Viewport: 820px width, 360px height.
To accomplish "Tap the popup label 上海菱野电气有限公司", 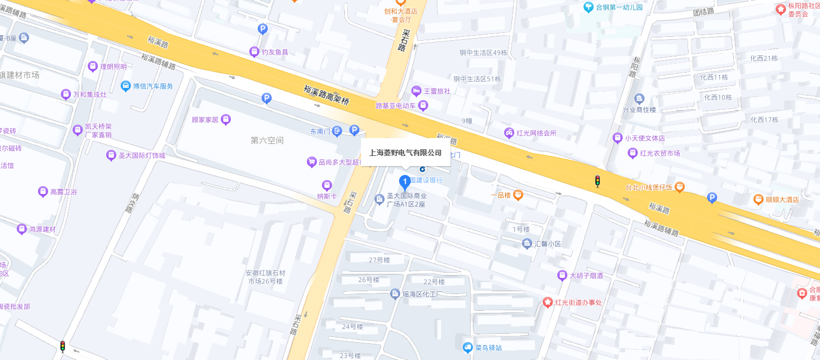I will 405,153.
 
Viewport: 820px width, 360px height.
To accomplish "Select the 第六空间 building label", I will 267,140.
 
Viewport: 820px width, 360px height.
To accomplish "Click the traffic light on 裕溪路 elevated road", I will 597,181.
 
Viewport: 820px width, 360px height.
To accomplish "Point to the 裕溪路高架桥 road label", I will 326,96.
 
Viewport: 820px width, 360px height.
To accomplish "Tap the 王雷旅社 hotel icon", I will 416,91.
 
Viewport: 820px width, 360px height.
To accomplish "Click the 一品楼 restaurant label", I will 501,195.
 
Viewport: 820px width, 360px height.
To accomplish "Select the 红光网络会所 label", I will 536,133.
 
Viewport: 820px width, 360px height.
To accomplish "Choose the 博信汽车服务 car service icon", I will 126,86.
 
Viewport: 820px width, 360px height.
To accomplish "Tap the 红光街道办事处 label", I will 578,302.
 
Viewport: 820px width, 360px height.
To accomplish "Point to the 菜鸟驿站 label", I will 489,348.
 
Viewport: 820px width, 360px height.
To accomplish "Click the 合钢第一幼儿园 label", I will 619,7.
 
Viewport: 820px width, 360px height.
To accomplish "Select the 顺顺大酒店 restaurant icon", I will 759,199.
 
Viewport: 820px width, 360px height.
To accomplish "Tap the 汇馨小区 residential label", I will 547,244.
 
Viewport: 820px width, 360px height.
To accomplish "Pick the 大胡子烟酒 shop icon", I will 562,276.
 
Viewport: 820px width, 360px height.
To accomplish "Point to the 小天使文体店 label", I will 644,138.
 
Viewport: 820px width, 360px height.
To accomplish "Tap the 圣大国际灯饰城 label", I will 142,155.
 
